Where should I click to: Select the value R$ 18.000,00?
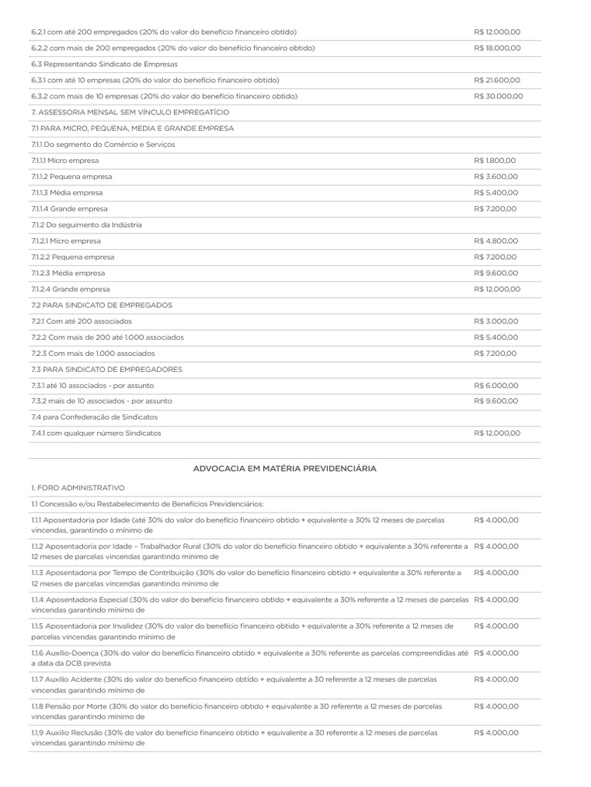[x=498, y=48]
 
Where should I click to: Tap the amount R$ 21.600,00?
[x=498, y=81]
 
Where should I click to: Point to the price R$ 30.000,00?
[x=499, y=97]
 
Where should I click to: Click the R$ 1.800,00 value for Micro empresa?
[x=496, y=161]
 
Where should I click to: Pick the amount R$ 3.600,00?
[x=496, y=177]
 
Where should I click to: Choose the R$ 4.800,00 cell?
[x=496, y=241]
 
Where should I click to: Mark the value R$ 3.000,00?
[x=496, y=321]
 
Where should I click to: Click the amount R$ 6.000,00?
[x=496, y=386]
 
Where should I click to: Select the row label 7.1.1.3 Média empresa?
[x=67, y=193]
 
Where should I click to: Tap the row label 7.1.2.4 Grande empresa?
[x=71, y=289]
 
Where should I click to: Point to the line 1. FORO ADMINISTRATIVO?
[x=78, y=488]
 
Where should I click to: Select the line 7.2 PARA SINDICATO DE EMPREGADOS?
[x=102, y=305]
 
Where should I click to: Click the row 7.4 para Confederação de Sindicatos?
[x=95, y=417]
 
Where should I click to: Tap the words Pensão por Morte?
[x=78, y=706]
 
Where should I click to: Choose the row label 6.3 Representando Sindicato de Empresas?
[x=105, y=65]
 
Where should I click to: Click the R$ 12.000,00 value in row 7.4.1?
[x=498, y=433]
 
